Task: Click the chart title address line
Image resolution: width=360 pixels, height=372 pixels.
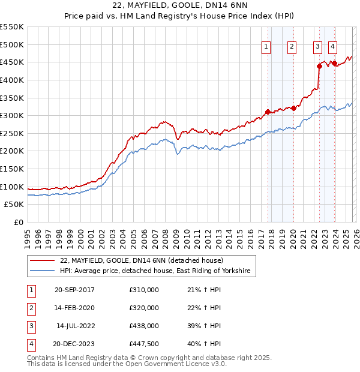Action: coord(181,5)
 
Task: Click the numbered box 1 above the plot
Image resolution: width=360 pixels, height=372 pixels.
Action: coord(266,47)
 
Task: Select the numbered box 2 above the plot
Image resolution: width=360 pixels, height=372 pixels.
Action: coord(292,47)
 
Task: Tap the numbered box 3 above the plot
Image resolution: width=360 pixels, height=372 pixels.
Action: coord(317,47)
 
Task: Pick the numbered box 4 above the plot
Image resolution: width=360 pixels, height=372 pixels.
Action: coord(332,47)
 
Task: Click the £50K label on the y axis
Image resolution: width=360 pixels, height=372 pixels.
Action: coord(14,205)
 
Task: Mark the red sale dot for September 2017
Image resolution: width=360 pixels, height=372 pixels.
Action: coord(268,112)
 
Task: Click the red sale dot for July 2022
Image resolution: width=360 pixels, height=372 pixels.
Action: coord(319,66)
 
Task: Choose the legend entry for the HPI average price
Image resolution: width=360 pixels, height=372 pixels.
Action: coord(158,272)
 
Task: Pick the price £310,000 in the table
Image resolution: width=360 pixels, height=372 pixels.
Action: coord(144,290)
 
